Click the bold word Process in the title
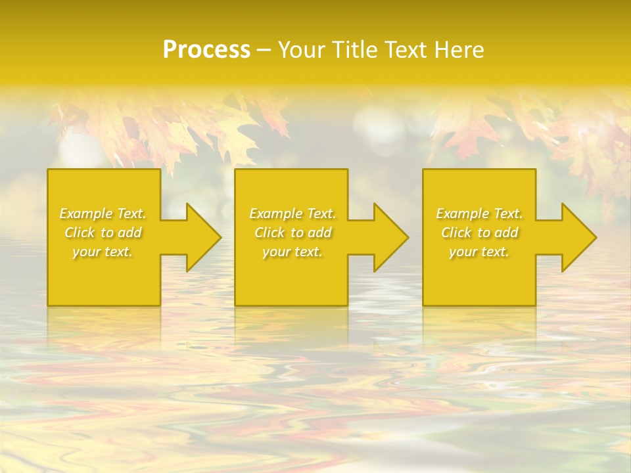(206, 50)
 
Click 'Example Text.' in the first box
(103, 214)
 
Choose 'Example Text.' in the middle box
(292, 214)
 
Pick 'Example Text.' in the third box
(479, 214)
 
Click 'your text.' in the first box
(103, 252)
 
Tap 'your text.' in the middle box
(292, 252)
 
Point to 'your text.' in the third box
(479, 252)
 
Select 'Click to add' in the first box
(103, 233)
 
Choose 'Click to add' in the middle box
(292, 233)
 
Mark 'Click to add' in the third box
(479, 233)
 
